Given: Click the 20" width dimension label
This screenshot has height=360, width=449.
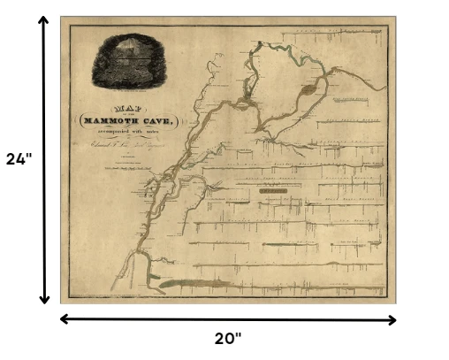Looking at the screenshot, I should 227,338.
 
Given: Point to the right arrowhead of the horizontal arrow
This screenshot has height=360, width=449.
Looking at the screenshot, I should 390,318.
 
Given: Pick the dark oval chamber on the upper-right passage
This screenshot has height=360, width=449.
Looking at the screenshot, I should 308,88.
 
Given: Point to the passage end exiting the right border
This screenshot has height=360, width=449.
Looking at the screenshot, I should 386,88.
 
